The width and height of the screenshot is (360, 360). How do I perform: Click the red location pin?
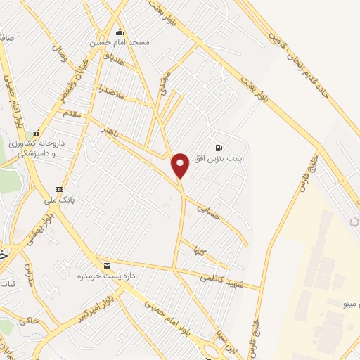pyautogui.click(x=181, y=165)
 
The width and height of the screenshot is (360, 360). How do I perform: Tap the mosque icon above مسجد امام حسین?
pyautogui.click(x=120, y=32)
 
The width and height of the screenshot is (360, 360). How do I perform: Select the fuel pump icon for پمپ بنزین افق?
pyautogui.click(x=219, y=148)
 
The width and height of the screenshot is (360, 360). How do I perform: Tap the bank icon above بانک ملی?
pyautogui.click(x=59, y=189)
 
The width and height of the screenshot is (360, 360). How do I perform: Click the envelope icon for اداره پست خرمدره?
pyautogui.click(x=107, y=266)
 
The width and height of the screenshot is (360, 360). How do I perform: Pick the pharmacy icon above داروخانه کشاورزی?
pyautogui.click(x=36, y=133)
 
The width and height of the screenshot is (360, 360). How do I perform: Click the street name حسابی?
pyautogui.click(x=209, y=212)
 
